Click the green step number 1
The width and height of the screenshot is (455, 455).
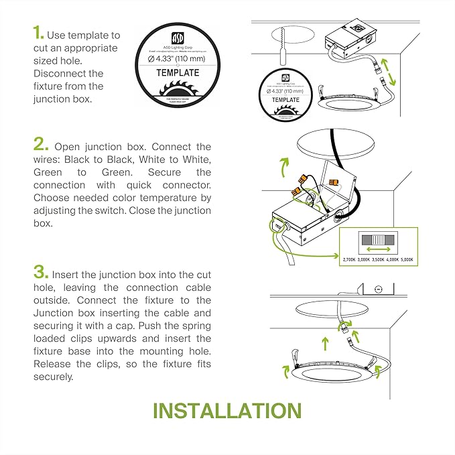click(x=38, y=34)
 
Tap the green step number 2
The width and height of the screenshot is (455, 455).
click(x=41, y=145)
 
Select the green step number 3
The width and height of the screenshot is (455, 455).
click(x=41, y=273)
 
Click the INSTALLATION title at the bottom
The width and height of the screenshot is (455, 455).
click(x=227, y=410)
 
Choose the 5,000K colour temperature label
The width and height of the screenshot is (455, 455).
click(x=406, y=259)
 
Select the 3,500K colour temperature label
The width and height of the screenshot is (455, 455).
click(x=378, y=259)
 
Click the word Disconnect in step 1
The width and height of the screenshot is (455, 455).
click(x=59, y=74)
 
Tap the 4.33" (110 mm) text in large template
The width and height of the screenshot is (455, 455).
click(x=178, y=58)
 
